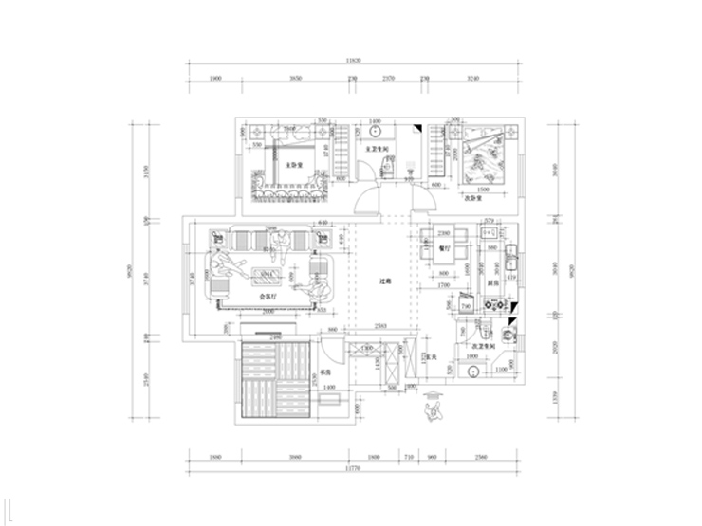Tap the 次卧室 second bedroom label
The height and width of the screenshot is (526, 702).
[x=473, y=200]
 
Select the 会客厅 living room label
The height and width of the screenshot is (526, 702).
[x=269, y=297]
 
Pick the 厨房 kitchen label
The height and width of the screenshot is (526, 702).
[x=493, y=283]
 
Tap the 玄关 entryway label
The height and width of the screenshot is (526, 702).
[x=429, y=357]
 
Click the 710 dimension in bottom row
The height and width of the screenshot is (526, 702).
[x=409, y=457]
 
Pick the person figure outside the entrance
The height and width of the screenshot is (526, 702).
[x=436, y=407]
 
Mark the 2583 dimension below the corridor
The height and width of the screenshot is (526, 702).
[x=378, y=325]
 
